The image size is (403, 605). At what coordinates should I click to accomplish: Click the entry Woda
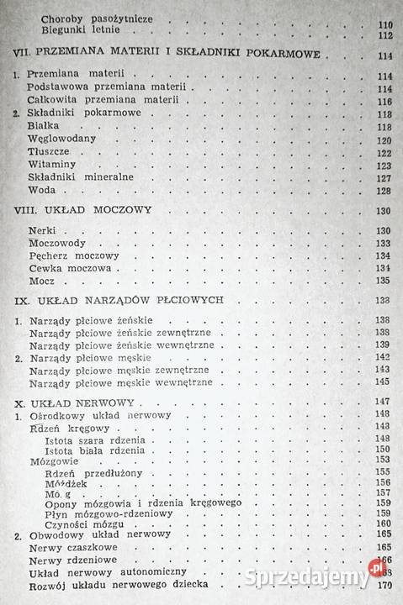(41, 191)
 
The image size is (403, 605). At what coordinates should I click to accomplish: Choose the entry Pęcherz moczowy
(74, 255)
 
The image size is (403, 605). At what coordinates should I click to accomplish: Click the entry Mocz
(42, 281)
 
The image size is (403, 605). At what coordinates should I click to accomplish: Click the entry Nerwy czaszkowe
(72, 547)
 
